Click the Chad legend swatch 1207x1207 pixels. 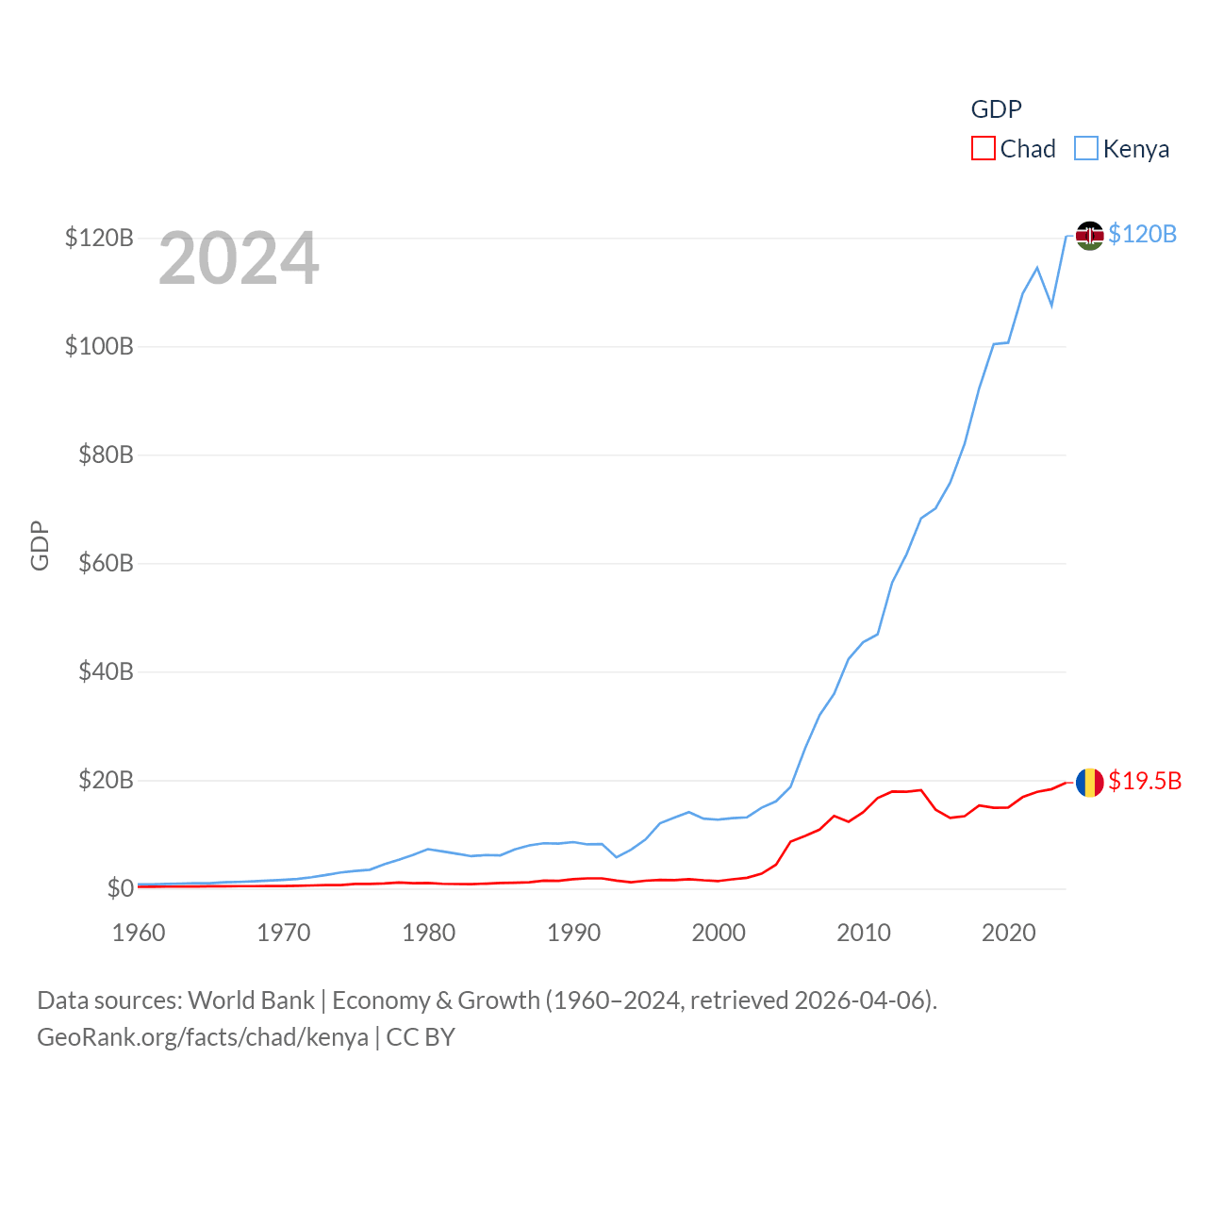click(x=984, y=149)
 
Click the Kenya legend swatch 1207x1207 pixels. click(x=1086, y=149)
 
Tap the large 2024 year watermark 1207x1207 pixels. click(x=239, y=258)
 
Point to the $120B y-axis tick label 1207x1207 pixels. click(x=99, y=238)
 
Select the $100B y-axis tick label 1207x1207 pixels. click(x=99, y=346)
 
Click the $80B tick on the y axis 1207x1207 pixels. click(x=106, y=455)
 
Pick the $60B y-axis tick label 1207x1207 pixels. click(x=106, y=563)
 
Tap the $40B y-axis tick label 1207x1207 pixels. click(x=106, y=671)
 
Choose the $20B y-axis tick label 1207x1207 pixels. click(x=106, y=780)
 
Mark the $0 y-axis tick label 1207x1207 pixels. click(x=120, y=888)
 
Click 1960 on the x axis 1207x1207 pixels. click(x=139, y=933)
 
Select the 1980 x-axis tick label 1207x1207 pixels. click(x=428, y=933)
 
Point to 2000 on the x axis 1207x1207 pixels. click(x=719, y=933)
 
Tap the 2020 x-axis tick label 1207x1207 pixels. click(x=1008, y=933)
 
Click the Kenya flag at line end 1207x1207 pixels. click(x=1089, y=235)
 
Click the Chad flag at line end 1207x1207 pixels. click(x=1089, y=782)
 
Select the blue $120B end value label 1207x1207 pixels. click(x=1142, y=234)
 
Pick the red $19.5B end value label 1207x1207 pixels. click(x=1145, y=781)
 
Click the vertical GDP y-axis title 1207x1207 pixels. click(x=40, y=545)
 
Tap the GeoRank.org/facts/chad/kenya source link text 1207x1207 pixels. click(x=203, y=1037)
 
